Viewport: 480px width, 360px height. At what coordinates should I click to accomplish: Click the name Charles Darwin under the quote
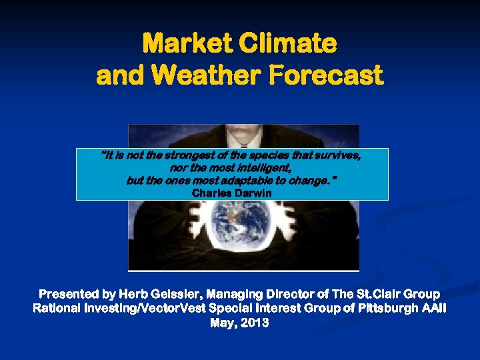(x=231, y=193)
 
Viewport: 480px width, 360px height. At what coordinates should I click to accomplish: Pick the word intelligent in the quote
(x=260, y=168)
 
